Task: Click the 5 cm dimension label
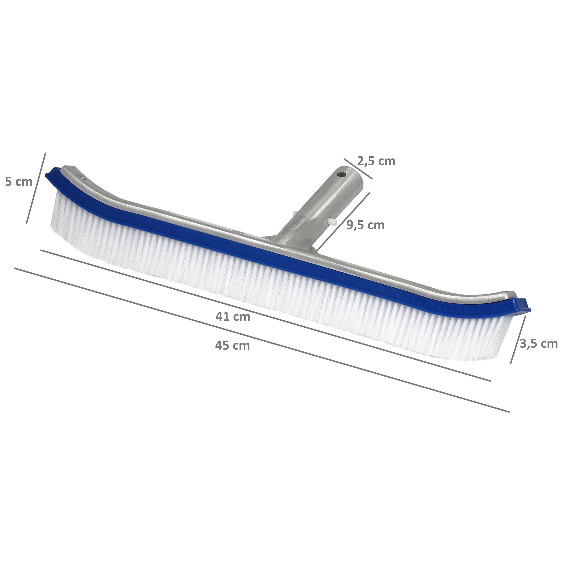(x=19, y=182)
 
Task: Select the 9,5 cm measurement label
(x=366, y=225)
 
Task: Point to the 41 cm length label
(x=233, y=317)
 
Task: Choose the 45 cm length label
(x=232, y=346)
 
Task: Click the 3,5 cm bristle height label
(x=538, y=344)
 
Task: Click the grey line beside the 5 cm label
(x=36, y=189)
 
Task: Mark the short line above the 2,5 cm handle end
(x=358, y=169)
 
